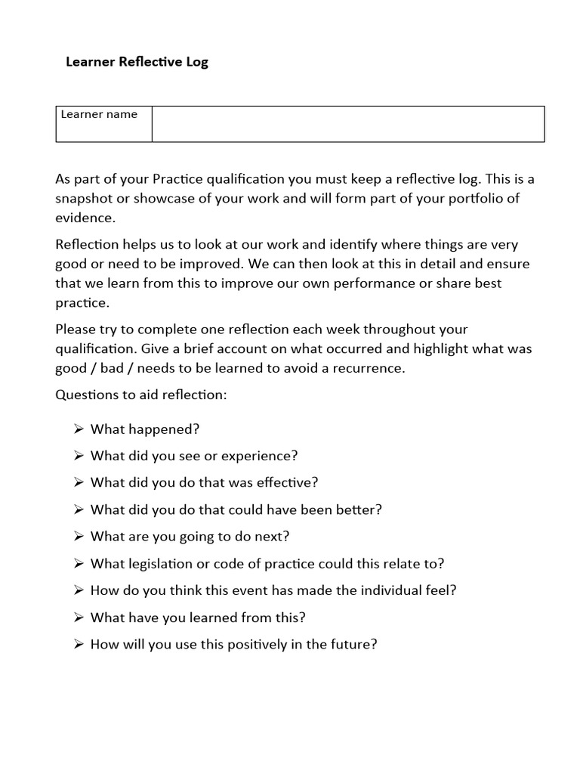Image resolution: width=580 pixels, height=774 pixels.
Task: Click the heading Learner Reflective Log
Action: (x=137, y=62)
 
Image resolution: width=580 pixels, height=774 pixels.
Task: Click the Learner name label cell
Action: (x=99, y=115)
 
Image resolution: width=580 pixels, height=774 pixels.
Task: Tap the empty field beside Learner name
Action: (x=347, y=124)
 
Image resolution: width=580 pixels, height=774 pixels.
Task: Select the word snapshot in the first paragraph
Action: (x=85, y=198)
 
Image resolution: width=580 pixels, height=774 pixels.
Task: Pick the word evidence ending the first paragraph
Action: (x=85, y=217)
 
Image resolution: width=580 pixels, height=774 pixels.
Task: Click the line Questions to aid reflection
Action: (x=140, y=395)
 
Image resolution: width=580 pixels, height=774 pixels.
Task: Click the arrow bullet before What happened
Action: (x=79, y=429)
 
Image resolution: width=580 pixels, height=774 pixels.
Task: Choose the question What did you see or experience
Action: (x=194, y=456)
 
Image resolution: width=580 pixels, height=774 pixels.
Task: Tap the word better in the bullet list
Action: (x=357, y=509)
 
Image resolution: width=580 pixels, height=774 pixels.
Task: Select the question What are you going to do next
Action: (x=190, y=537)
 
